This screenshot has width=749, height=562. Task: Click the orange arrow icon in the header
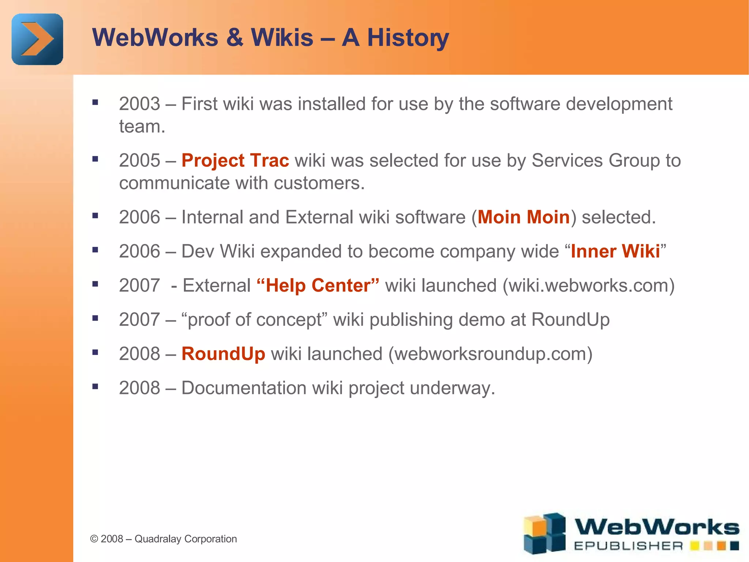(x=37, y=39)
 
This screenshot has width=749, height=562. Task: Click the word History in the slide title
(x=408, y=38)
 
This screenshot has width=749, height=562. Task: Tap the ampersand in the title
(x=234, y=38)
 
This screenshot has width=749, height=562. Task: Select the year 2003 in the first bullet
(x=139, y=104)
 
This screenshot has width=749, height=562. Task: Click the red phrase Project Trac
(x=235, y=161)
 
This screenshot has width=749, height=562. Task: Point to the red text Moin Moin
(x=523, y=217)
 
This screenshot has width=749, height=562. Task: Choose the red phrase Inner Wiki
(x=615, y=251)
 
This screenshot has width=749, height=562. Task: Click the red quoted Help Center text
(x=318, y=285)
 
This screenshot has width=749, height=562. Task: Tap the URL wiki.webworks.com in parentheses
(x=588, y=285)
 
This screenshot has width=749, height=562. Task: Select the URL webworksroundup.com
(x=490, y=354)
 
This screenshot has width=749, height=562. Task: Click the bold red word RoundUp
(x=223, y=354)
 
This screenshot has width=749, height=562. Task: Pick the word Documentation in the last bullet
(x=244, y=388)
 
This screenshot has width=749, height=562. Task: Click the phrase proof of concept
(x=255, y=320)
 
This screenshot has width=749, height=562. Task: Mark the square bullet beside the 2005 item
(x=95, y=159)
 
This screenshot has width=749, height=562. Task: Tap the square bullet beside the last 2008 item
(x=95, y=386)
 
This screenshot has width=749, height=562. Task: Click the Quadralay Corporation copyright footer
(x=163, y=539)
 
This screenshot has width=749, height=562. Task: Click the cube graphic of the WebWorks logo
(x=544, y=533)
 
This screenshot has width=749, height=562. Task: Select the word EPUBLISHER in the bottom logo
(x=628, y=546)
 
